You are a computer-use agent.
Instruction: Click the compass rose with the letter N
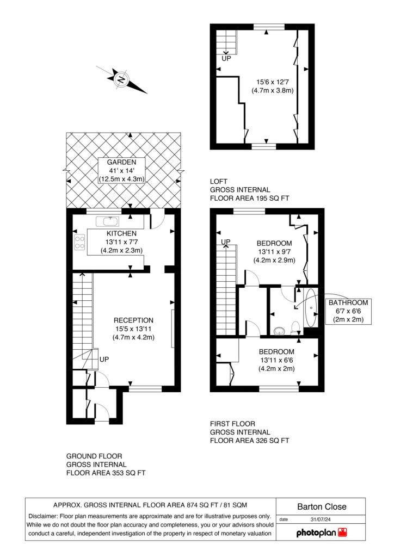tap(121, 79)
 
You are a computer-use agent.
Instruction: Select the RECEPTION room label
tap(133, 320)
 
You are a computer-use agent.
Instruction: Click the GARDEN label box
tap(121, 170)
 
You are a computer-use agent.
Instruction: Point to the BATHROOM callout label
tap(348, 311)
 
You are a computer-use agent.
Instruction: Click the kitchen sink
tap(107, 222)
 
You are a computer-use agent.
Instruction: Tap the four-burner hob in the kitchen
tap(79, 242)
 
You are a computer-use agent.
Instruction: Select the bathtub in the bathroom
tap(312, 308)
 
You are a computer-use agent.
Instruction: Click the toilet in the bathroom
tap(295, 327)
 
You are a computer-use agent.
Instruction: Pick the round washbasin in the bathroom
tap(280, 330)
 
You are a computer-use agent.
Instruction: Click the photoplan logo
tap(322, 533)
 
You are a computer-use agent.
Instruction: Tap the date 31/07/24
tap(321, 519)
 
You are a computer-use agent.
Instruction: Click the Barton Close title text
tap(322, 507)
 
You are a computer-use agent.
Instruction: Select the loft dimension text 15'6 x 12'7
tap(273, 82)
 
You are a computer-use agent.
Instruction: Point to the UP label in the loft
tap(226, 59)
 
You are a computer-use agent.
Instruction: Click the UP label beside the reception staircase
tap(104, 360)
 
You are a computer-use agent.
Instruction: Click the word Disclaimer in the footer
tap(43, 516)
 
